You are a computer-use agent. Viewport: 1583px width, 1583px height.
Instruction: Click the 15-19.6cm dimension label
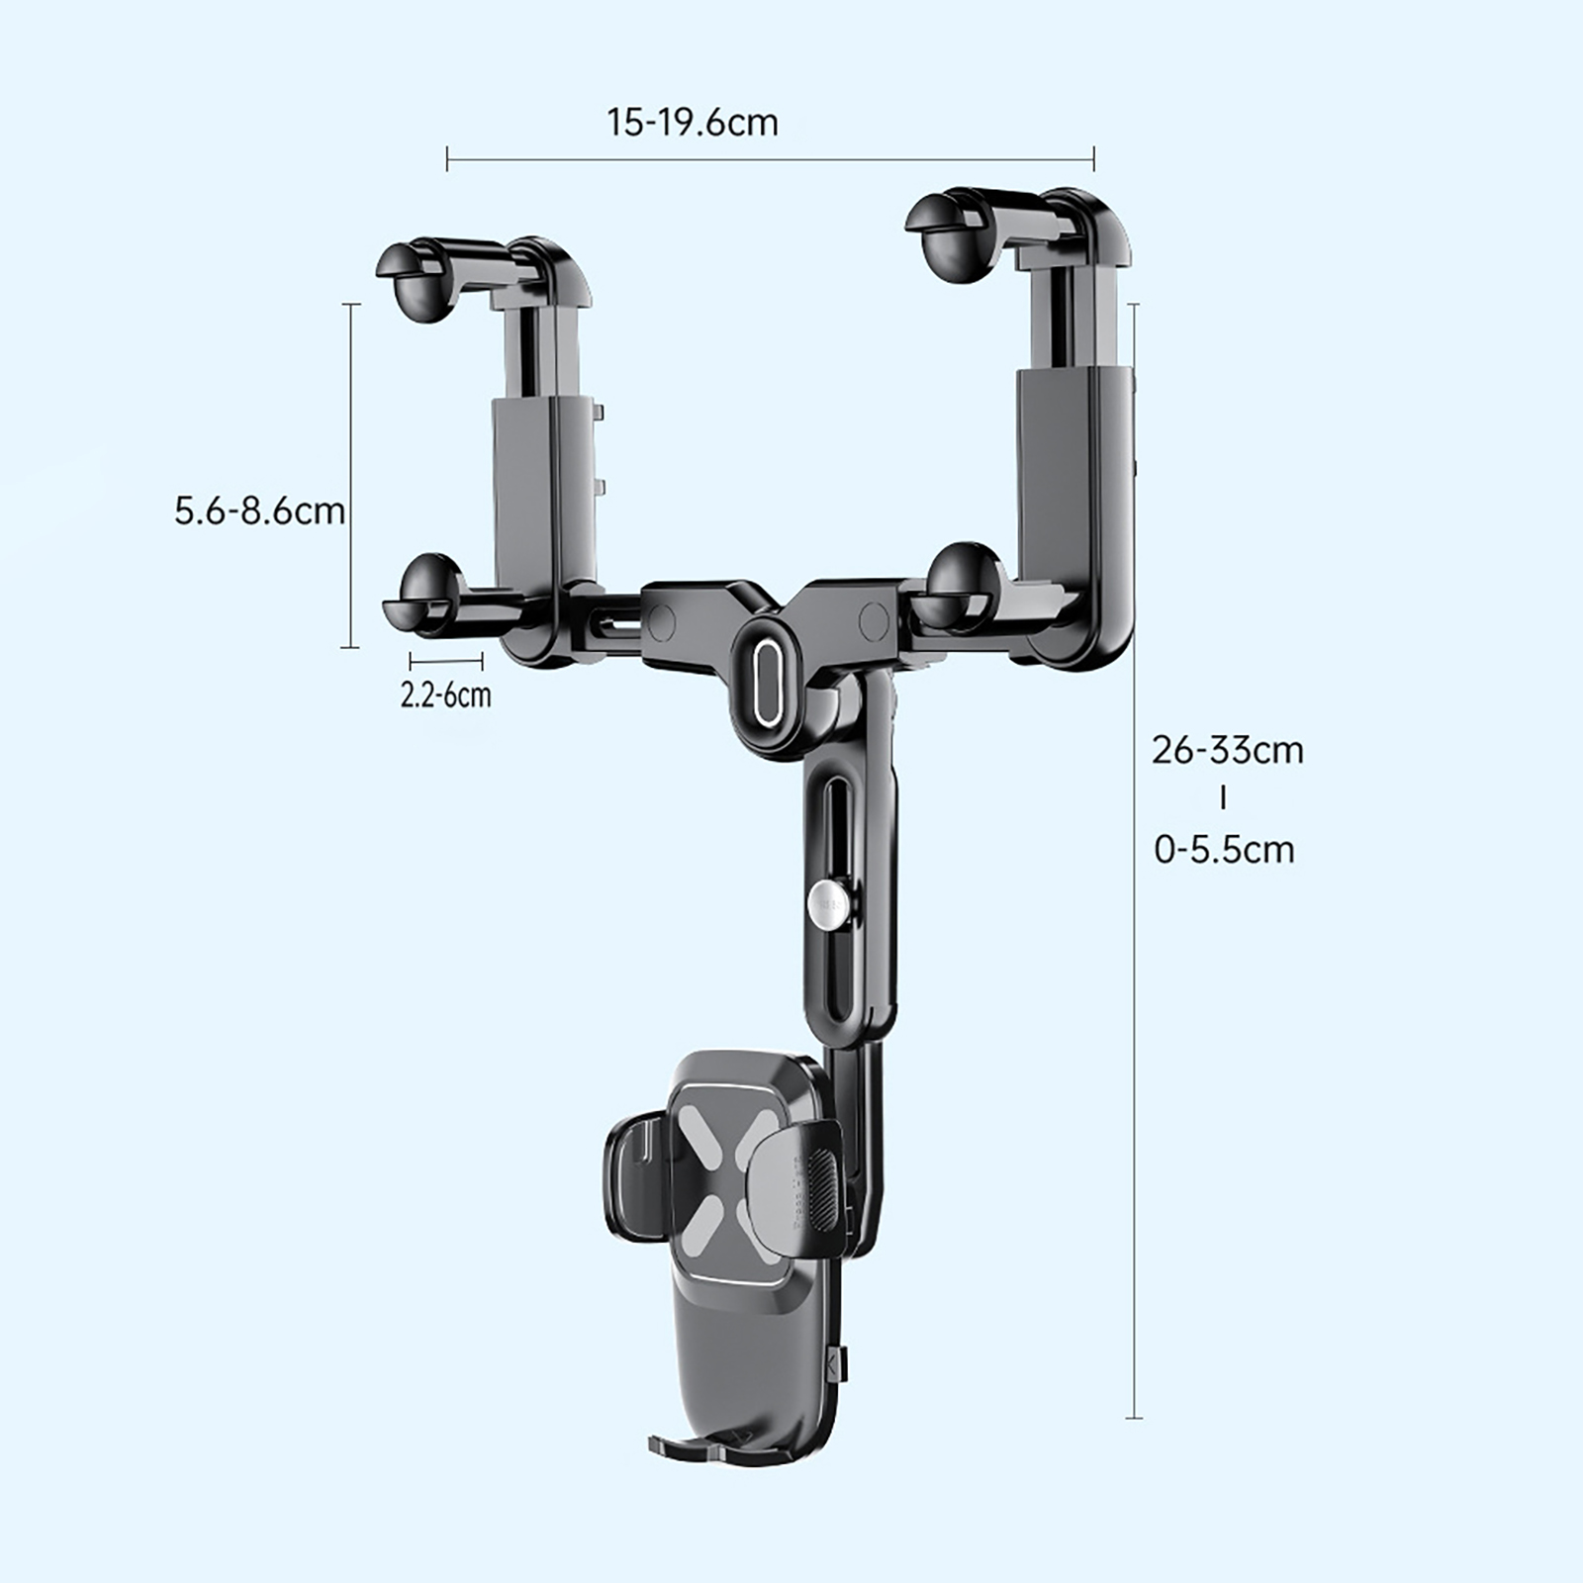[x=693, y=123]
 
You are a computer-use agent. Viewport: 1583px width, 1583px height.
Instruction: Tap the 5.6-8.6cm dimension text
[x=260, y=512]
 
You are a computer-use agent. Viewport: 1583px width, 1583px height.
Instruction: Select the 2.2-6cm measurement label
[x=446, y=695]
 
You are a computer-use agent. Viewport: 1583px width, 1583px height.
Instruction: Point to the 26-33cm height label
[x=1228, y=750]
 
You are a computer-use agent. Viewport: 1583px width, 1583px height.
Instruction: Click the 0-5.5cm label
[x=1225, y=850]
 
